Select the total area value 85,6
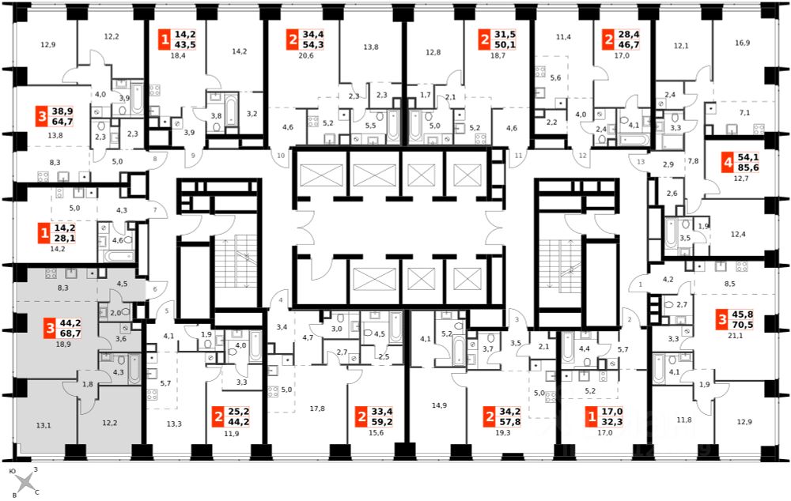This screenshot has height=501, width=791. (748, 168)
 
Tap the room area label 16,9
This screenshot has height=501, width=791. (742, 43)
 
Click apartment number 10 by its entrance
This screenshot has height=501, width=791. (281, 156)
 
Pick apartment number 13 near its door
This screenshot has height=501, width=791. (641, 162)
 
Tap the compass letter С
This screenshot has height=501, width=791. (37, 492)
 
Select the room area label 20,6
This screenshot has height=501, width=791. (305, 55)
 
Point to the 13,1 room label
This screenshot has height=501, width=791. (44, 425)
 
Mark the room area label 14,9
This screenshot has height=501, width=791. (439, 405)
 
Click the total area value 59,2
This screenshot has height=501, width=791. (381, 422)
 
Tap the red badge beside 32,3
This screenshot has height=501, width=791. (592, 417)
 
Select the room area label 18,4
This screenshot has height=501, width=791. (179, 55)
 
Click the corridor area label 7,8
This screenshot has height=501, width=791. (693, 161)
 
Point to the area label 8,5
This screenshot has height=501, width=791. (729, 284)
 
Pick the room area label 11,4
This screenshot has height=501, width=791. (563, 37)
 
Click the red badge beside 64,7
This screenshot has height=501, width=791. (42, 117)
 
